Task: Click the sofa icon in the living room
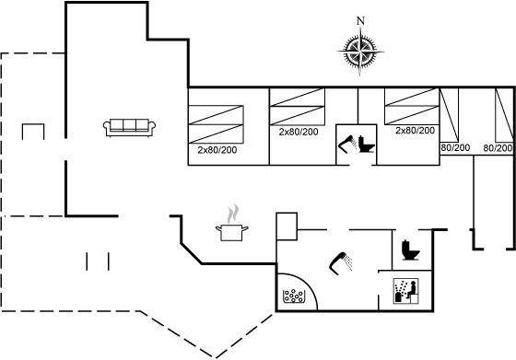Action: pos(129,127)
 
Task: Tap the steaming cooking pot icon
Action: pos(232,224)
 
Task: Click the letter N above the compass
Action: pos(361,21)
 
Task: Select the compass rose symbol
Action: pos(360,52)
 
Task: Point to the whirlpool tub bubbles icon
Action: pos(293,296)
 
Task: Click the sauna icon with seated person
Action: pos(406,291)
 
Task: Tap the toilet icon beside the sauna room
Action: pos(410,250)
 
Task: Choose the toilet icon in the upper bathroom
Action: pos(367,144)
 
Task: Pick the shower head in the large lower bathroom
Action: pos(341,263)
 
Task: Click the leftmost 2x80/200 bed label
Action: pos(217,150)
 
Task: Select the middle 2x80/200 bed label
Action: pos(299,133)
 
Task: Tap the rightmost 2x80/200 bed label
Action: pos(415,131)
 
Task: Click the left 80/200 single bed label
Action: pos(455,148)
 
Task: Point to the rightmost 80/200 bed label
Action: pos(498,148)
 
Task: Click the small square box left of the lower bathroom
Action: pos(287,226)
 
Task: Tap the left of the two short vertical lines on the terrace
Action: pos(87,261)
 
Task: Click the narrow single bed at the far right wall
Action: pos(504,115)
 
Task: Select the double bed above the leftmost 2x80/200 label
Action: pos(216,124)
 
